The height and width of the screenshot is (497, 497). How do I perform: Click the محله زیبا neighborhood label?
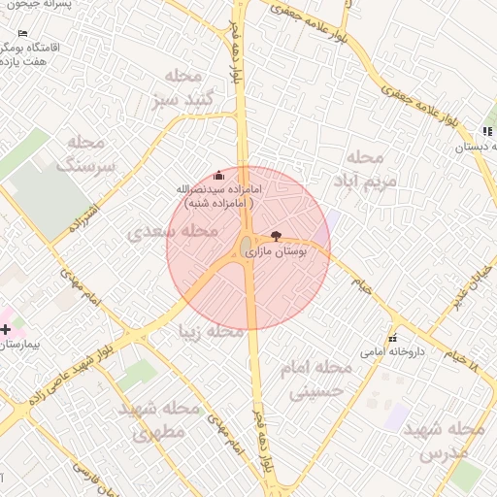pyautogui.click(x=210, y=332)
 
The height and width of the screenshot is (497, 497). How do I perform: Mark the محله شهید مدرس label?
pyautogui.click(x=444, y=440)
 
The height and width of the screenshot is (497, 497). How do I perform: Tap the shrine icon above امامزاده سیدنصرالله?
pyautogui.click(x=217, y=176)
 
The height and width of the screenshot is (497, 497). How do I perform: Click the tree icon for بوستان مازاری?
pyautogui.click(x=277, y=236)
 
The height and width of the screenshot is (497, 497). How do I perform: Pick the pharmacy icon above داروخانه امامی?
pyautogui.click(x=392, y=338)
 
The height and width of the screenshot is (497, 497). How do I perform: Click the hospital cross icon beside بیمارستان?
pyautogui.click(x=7, y=330)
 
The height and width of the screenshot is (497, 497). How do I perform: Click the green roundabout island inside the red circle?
pyautogui.click(x=247, y=245)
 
